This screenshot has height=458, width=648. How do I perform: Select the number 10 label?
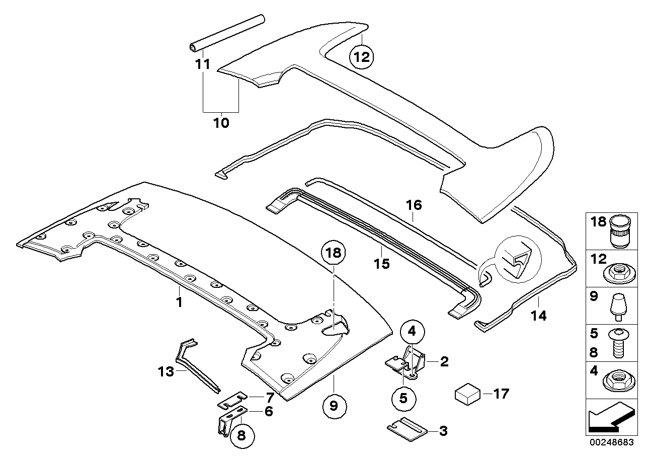pos(221,123)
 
